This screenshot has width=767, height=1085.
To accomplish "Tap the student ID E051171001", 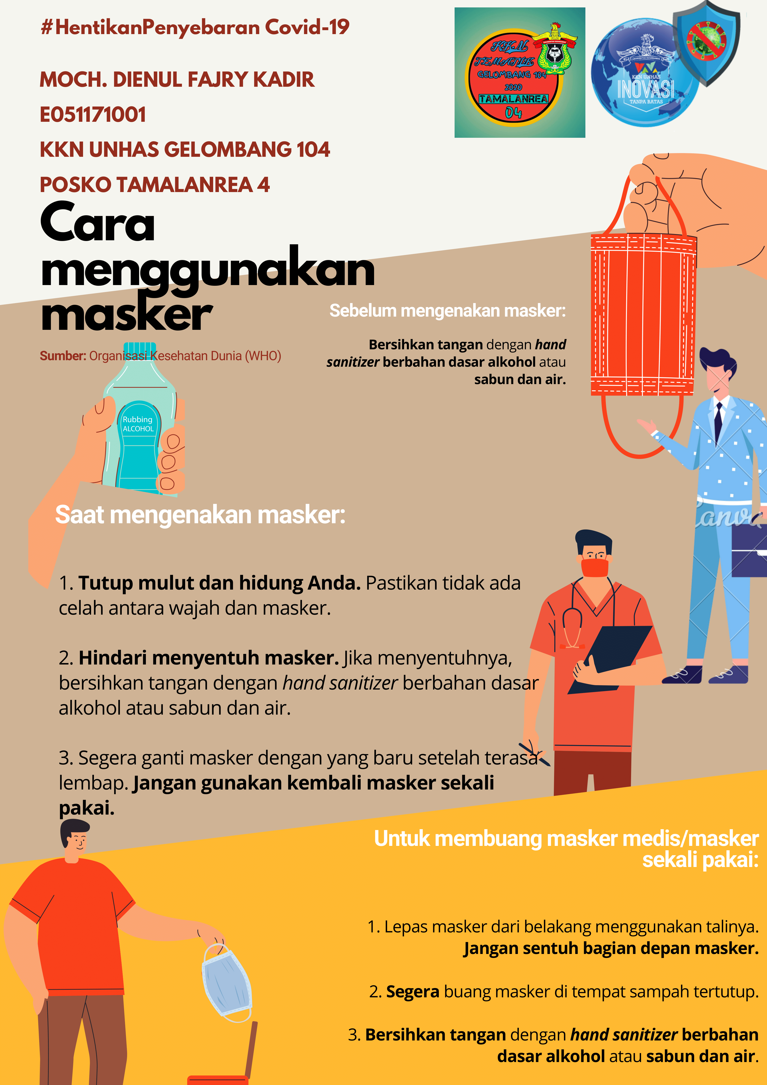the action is coord(93,115).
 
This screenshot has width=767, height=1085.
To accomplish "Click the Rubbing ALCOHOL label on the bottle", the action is coord(138,424).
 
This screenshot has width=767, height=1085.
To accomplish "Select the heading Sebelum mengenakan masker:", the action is coord(447,311).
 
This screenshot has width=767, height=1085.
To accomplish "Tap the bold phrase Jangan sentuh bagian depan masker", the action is coord(611,948).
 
